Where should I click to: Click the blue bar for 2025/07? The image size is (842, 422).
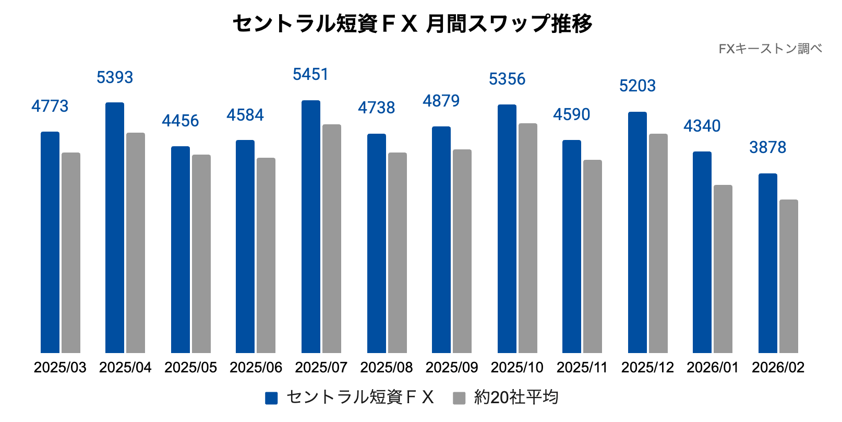pos(311,227)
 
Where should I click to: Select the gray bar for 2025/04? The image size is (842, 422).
pos(136,243)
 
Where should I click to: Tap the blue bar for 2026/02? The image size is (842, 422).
pos(768,263)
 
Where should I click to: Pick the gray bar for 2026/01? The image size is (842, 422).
pos(723,269)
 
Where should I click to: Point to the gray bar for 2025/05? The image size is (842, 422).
pos(201,254)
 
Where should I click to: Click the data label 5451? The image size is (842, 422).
pos(310,75)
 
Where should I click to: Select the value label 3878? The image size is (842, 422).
pos(767,147)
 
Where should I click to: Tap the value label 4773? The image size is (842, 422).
pos(50,106)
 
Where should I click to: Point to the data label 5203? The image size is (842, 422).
pos(637,86)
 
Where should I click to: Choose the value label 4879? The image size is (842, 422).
pos(441,101)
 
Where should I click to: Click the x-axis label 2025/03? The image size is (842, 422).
pos(60,367)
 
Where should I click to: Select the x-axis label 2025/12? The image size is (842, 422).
pos(647,367)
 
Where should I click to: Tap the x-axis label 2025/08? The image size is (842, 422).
pos(387,367)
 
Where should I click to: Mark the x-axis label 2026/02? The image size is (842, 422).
pos(778,367)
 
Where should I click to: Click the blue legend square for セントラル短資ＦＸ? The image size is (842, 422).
pos(271,398)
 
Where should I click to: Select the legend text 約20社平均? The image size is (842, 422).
pos(516,397)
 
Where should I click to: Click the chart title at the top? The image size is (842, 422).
pos(412,24)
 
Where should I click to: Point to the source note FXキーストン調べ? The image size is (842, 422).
pos(770,49)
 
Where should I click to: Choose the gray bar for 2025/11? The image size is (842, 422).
pos(593,256)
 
